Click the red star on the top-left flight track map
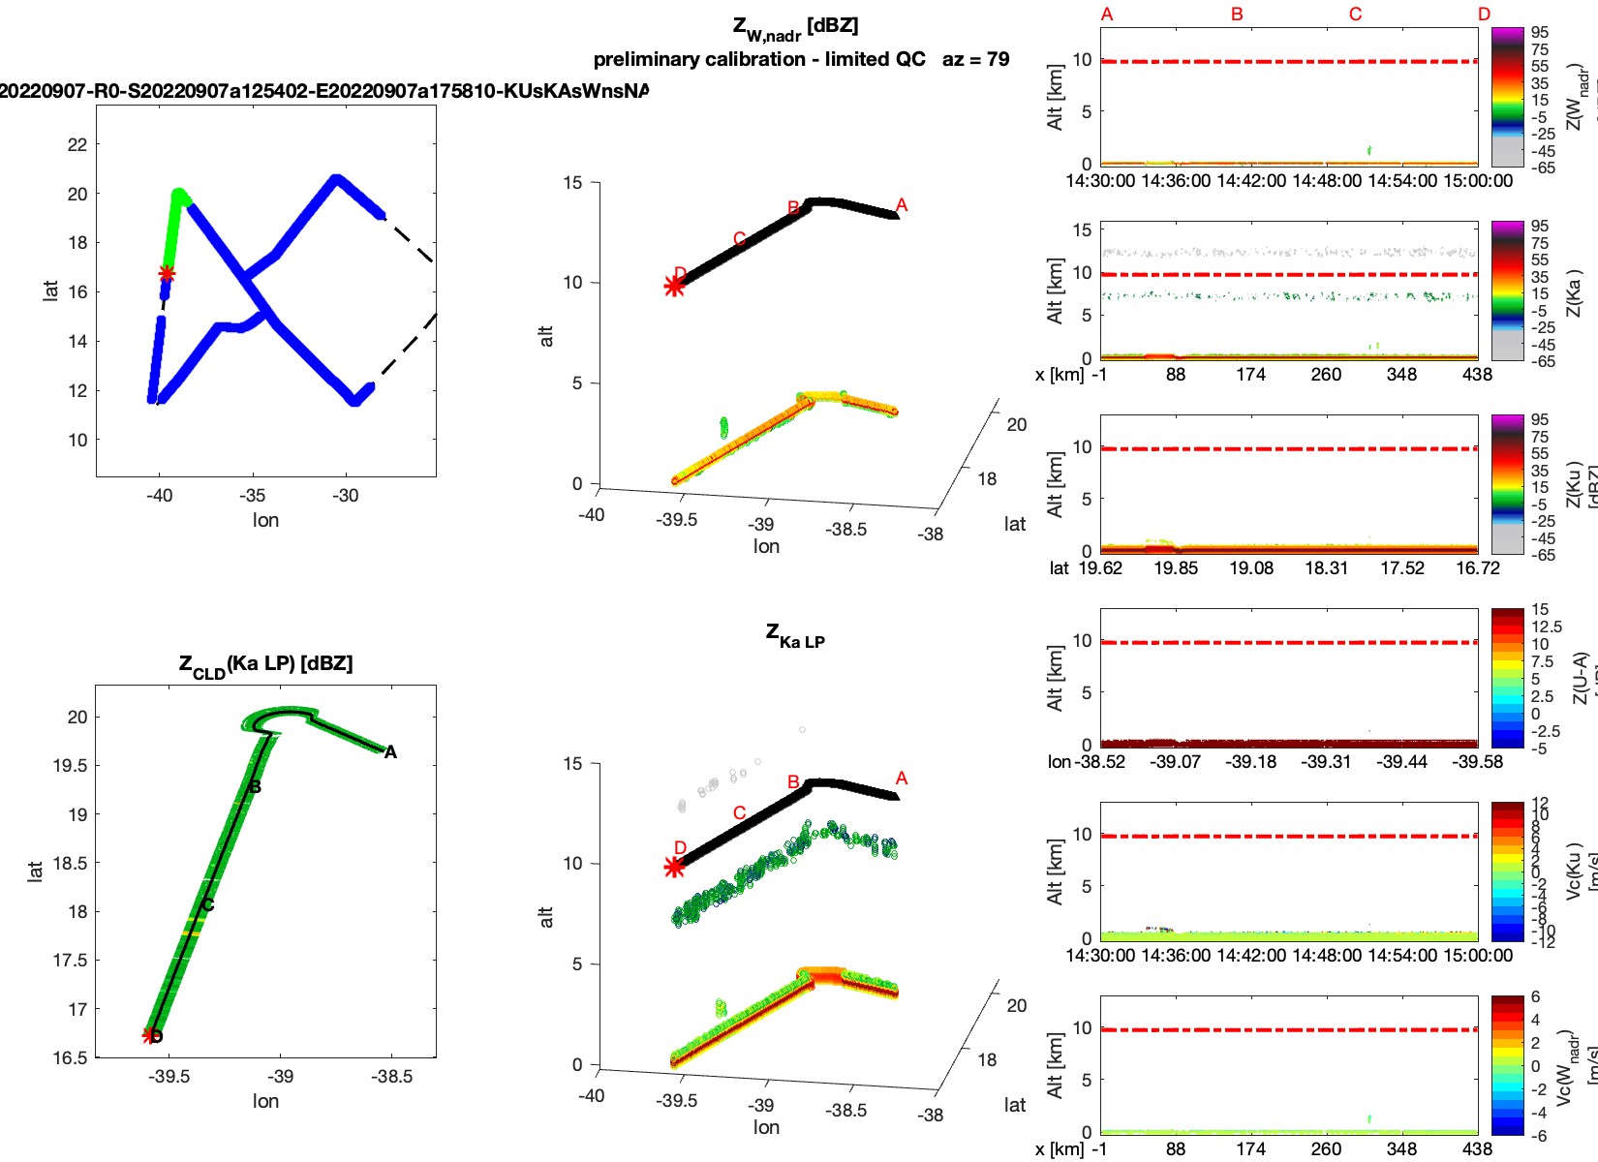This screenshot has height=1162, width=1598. [167, 273]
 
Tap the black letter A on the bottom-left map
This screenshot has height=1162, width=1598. [390, 752]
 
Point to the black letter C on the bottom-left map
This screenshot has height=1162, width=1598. [207, 905]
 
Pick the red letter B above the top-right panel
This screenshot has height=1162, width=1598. [1237, 15]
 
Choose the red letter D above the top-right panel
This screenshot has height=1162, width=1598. [1485, 15]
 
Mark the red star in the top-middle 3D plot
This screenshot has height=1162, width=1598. [674, 286]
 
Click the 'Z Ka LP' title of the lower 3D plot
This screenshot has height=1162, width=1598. [795, 635]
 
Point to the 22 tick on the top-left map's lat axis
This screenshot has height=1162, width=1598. [77, 144]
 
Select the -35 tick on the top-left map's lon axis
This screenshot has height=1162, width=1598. [252, 496]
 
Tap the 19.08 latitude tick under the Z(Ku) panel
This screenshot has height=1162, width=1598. [1251, 568]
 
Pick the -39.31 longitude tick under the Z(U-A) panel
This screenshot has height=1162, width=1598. [1327, 762]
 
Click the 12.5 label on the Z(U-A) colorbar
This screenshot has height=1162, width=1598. [1547, 627]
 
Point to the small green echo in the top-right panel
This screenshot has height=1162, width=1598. [1368, 150]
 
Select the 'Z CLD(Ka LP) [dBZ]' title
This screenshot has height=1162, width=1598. [265, 664]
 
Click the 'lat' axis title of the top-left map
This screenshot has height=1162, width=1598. [50, 290]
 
